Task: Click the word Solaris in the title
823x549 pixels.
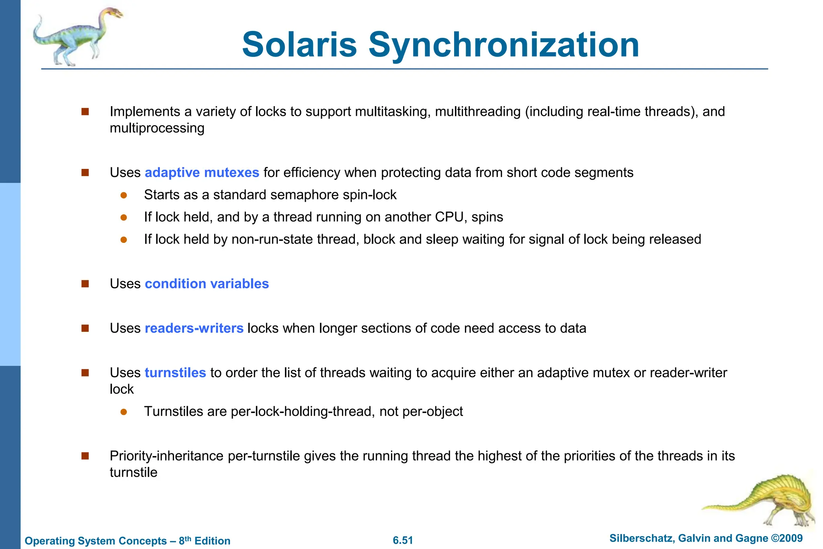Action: (x=299, y=45)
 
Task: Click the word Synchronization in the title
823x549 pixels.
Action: (x=504, y=45)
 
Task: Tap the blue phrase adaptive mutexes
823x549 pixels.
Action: (x=202, y=173)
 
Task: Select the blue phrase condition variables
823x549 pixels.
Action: (x=207, y=284)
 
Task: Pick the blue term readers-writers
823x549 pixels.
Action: (x=194, y=328)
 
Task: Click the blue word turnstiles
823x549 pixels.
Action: (x=175, y=373)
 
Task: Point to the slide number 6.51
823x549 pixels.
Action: (x=403, y=540)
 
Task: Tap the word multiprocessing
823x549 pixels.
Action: (x=157, y=128)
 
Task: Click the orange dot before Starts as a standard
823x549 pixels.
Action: (x=124, y=195)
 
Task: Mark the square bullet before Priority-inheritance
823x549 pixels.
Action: (x=85, y=456)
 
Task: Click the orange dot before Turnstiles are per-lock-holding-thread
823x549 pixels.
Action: (x=124, y=412)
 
